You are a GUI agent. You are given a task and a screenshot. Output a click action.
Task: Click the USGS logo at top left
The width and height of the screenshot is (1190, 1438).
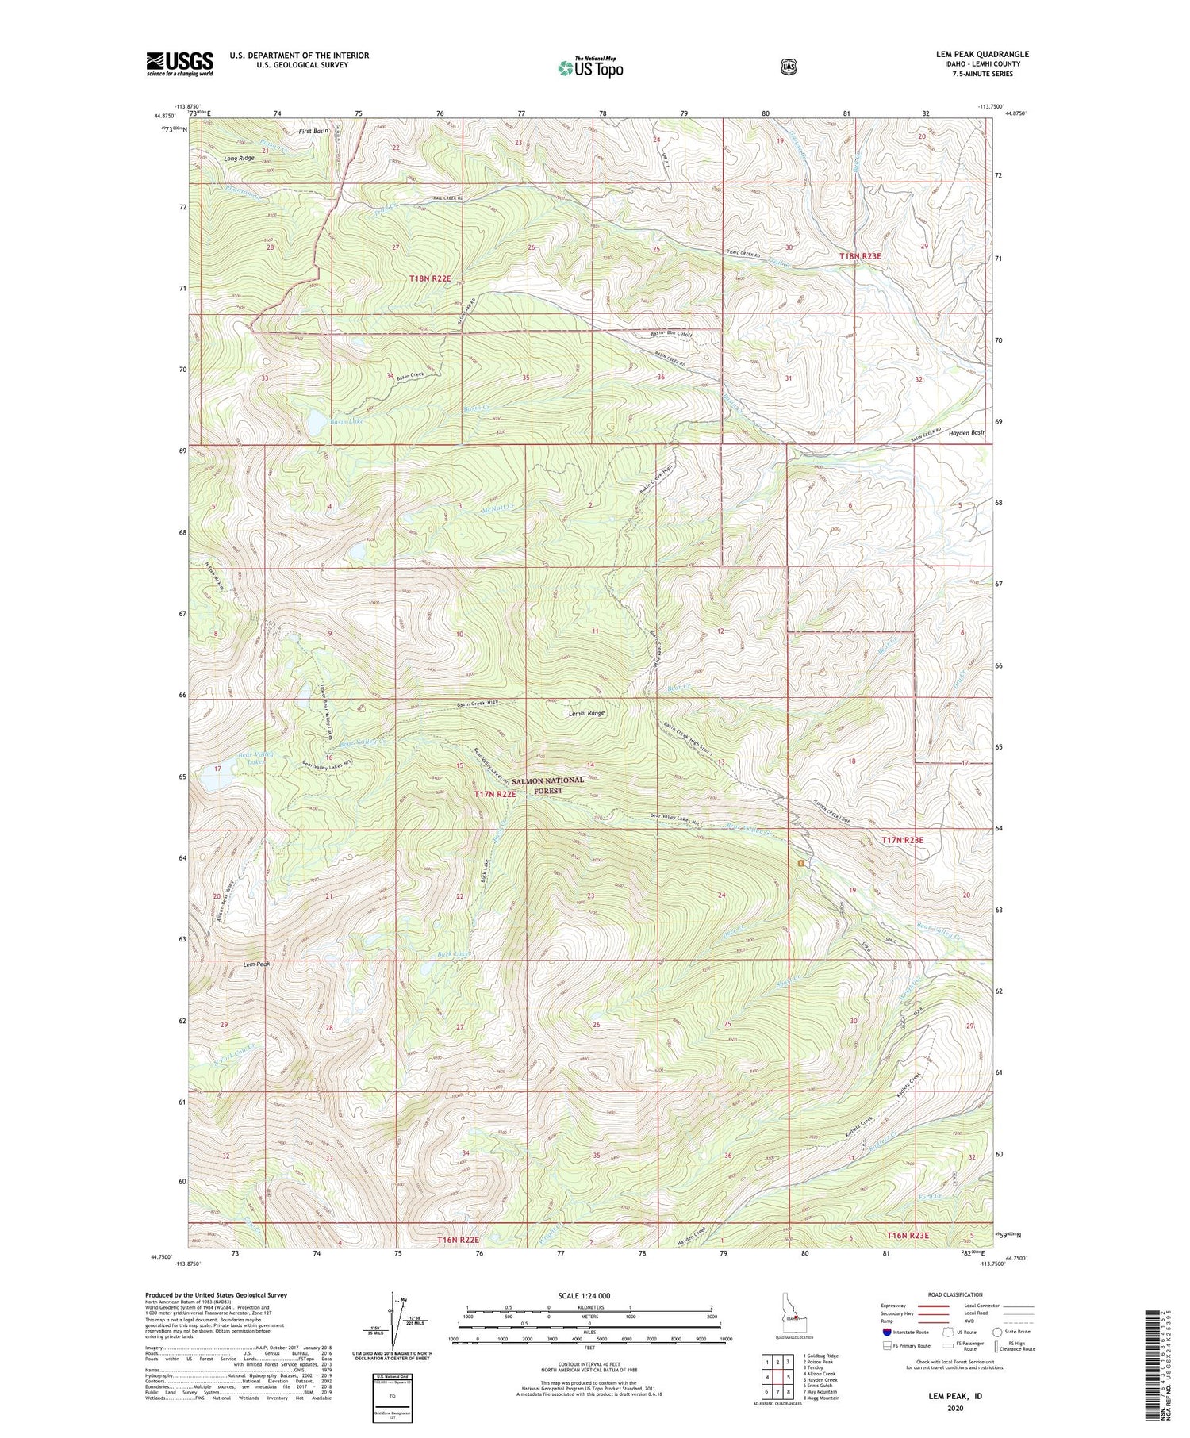[179, 63]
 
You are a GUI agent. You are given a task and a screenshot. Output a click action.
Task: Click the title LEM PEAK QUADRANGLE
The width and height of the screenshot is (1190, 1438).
[982, 55]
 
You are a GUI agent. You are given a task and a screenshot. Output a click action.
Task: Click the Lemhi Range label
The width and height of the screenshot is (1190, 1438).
[586, 713]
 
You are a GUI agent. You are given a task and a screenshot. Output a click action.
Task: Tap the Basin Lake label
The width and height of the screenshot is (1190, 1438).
[347, 421]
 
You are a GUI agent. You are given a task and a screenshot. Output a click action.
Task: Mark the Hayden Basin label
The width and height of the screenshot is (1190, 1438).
[967, 432]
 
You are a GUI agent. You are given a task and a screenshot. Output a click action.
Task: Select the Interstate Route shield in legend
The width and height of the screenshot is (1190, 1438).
[886, 1332]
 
